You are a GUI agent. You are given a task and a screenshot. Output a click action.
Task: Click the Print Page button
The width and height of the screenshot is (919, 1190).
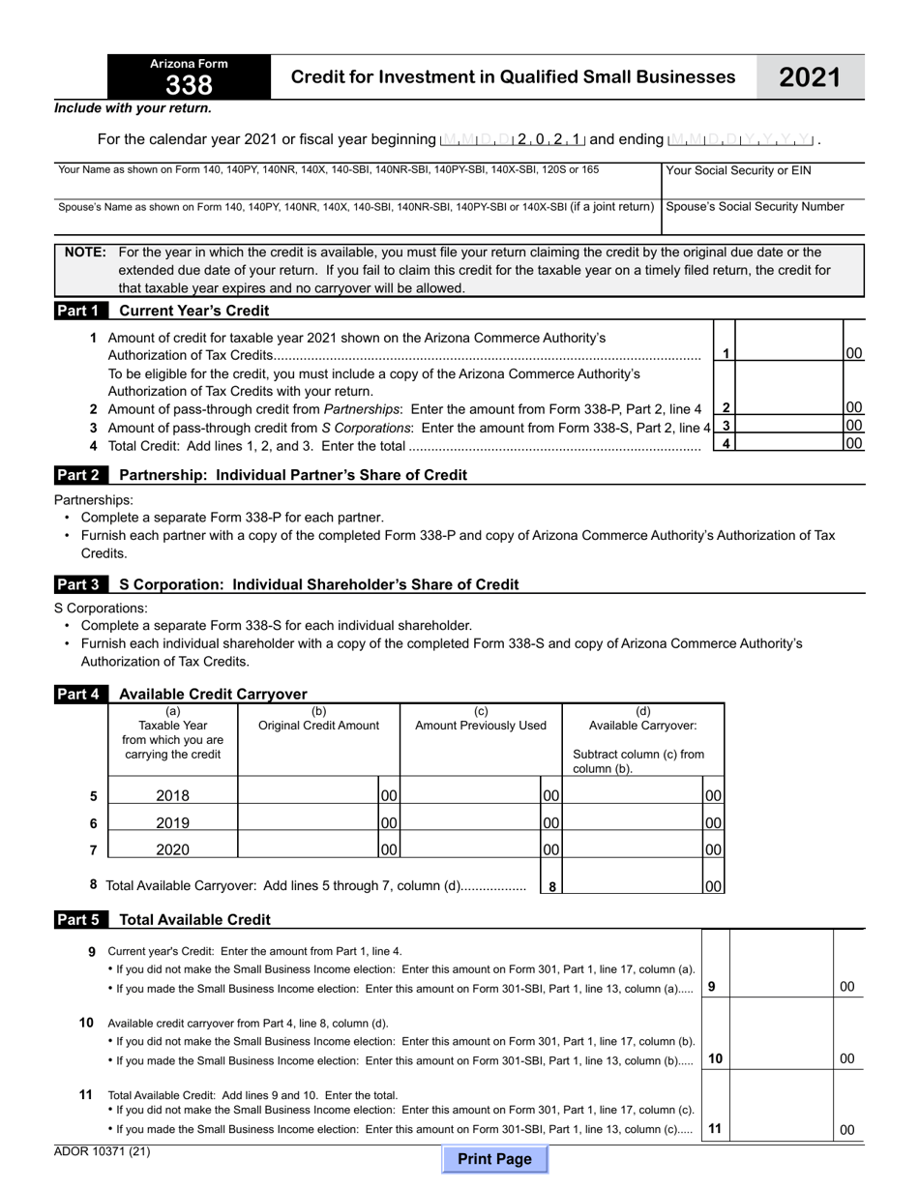pyautogui.click(x=494, y=1159)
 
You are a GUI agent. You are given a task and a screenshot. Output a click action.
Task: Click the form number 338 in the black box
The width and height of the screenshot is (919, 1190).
pyautogui.click(x=189, y=86)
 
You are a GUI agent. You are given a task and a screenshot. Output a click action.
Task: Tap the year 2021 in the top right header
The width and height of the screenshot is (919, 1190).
pyautogui.click(x=810, y=77)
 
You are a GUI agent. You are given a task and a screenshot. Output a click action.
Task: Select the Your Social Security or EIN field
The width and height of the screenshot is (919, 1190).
pyautogui.click(x=762, y=188)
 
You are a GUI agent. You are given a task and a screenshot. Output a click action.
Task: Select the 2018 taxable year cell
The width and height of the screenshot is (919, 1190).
pyautogui.click(x=173, y=796)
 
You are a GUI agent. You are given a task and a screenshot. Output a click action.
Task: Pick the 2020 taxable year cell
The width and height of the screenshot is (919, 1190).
pyautogui.click(x=173, y=850)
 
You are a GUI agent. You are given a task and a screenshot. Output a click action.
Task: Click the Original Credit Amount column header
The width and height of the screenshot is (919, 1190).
pyautogui.click(x=318, y=726)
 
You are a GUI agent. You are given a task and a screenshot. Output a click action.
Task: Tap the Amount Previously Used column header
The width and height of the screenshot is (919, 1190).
pyautogui.click(x=481, y=726)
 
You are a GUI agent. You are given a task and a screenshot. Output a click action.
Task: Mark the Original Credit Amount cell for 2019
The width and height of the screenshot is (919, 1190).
pyautogui.click(x=308, y=822)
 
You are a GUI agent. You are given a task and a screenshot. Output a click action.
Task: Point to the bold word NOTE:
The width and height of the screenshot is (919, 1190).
pyautogui.click(x=85, y=253)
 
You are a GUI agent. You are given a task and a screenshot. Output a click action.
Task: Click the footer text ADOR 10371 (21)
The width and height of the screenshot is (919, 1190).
pyautogui.click(x=103, y=1151)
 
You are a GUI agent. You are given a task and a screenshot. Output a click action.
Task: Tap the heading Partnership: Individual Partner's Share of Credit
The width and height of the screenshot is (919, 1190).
pyautogui.click(x=292, y=475)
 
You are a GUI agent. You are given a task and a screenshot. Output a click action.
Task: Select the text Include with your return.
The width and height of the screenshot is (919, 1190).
pyautogui.click(x=133, y=108)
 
